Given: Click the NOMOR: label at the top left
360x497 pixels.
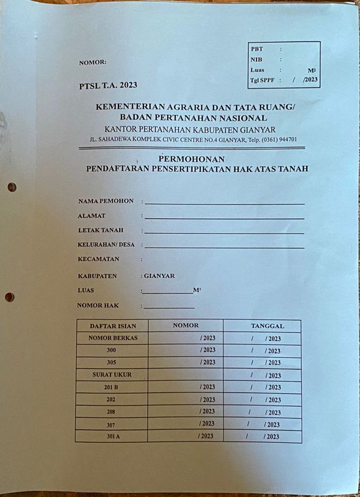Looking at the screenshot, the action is [x=93, y=62].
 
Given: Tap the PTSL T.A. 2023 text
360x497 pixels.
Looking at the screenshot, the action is [x=109, y=85].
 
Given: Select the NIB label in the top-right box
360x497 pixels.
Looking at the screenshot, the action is [x=256, y=60].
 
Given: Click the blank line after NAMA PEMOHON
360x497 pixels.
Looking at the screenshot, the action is [x=224, y=203].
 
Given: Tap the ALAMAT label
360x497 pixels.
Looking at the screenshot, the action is [x=91, y=216].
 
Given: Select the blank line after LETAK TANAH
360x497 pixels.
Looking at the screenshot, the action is [x=224, y=232].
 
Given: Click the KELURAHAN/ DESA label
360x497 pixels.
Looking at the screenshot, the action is [x=106, y=245].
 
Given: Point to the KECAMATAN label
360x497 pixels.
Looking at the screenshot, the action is [x=98, y=259].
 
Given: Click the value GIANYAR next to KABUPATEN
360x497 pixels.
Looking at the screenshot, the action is [x=159, y=276].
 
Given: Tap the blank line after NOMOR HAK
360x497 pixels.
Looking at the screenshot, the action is [x=169, y=308].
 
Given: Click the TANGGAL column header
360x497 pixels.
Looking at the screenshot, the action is [x=268, y=326].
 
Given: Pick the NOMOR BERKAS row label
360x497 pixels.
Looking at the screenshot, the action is [x=112, y=338].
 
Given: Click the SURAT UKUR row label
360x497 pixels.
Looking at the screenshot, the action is [x=112, y=375].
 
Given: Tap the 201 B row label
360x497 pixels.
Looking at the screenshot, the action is [x=112, y=387].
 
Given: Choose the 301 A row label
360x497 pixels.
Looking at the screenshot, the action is [x=112, y=436].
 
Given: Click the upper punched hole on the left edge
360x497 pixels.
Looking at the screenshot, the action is [x=12, y=187].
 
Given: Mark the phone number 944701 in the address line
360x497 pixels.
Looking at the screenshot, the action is [x=284, y=139].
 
